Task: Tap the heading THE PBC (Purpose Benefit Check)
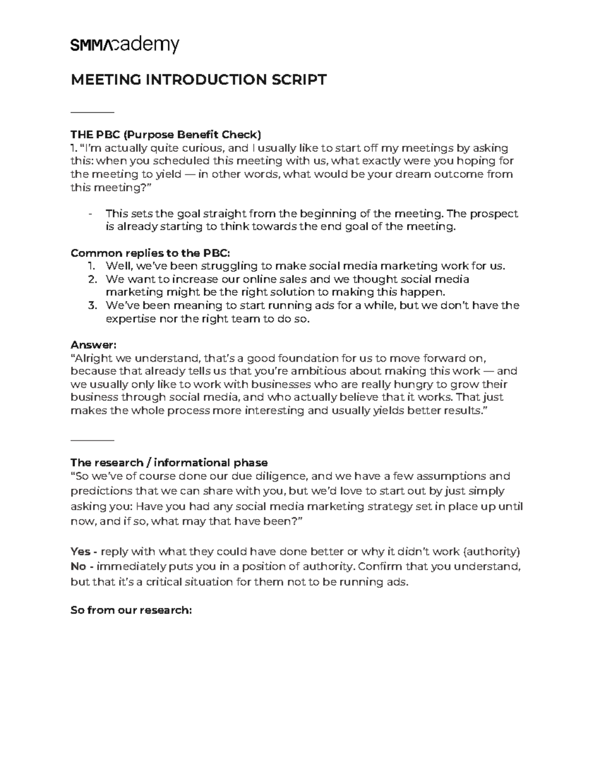click(166, 134)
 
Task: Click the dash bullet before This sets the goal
click(90, 214)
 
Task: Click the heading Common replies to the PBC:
click(150, 253)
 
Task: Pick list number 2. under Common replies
click(92, 279)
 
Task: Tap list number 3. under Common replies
click(92, 305)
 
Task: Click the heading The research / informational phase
click(169, 462)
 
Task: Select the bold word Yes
click(80, 552)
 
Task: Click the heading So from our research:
click(131, 610)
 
